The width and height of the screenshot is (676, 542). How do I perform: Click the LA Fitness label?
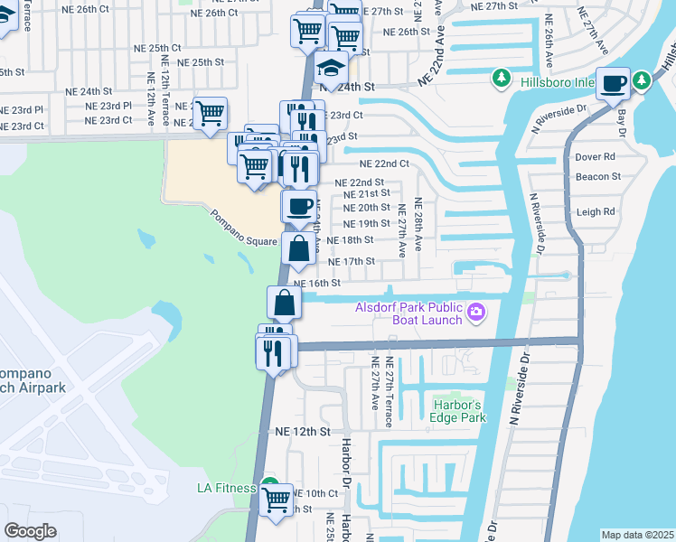pos(228,488)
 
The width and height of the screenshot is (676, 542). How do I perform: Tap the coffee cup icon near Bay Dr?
pos(615,83)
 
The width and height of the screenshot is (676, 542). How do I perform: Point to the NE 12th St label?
pos(305,432)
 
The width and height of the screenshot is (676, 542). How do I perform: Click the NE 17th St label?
pos(352,261)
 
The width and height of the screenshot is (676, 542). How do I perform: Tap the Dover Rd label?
pos(594,156)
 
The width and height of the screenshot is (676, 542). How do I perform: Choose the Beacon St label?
pos(597,177)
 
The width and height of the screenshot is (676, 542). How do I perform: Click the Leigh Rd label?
pos(595,212)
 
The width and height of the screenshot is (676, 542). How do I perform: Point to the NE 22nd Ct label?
pos(384,164)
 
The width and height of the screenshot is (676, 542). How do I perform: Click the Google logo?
pos(30,531)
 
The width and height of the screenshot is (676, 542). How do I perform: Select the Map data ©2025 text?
pos(638,535)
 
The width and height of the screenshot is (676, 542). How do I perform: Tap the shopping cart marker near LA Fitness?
pos(277,498)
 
